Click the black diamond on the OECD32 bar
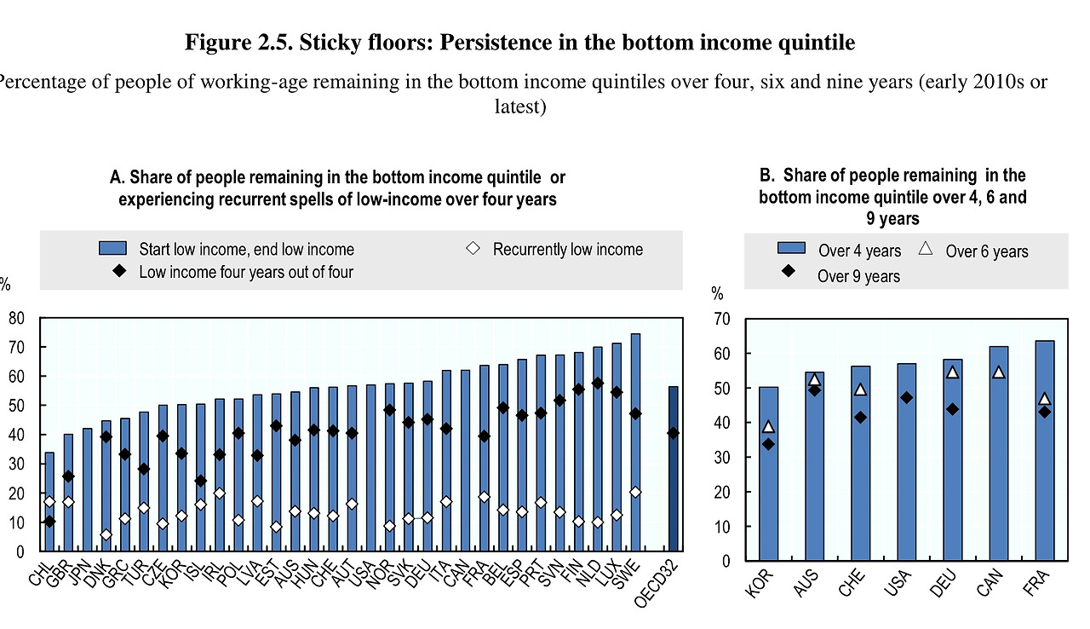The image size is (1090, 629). click(x=673, y=433)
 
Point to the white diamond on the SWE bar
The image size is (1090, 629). click(x=635, y=493)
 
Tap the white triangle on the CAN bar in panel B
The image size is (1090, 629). click(x=998, y=372)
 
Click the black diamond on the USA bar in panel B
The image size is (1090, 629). click(x=906, y=397)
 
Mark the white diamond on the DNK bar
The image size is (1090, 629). click(x=106, y=535)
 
